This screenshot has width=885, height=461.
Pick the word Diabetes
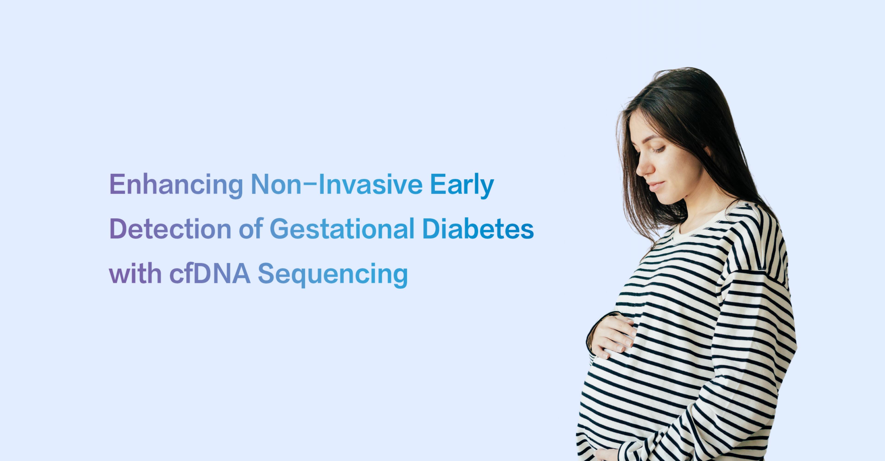478,229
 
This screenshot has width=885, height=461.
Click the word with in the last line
135,274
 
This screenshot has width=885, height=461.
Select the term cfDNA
210,274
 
